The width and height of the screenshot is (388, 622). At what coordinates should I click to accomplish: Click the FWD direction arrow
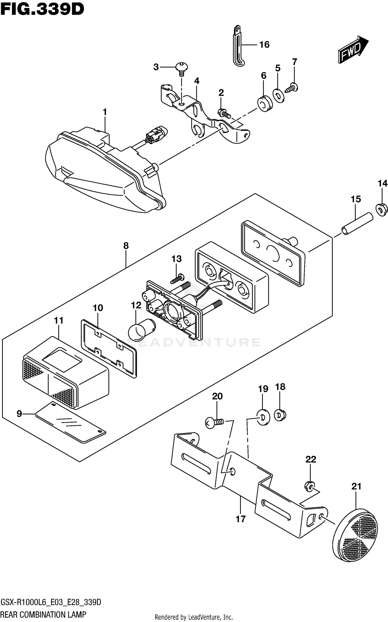coord(353,49)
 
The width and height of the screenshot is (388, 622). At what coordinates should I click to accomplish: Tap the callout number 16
coord(264,45)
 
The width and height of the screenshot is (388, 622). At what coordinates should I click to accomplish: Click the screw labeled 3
coord(182,69)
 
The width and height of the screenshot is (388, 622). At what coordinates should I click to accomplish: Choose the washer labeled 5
coord(279,96)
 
